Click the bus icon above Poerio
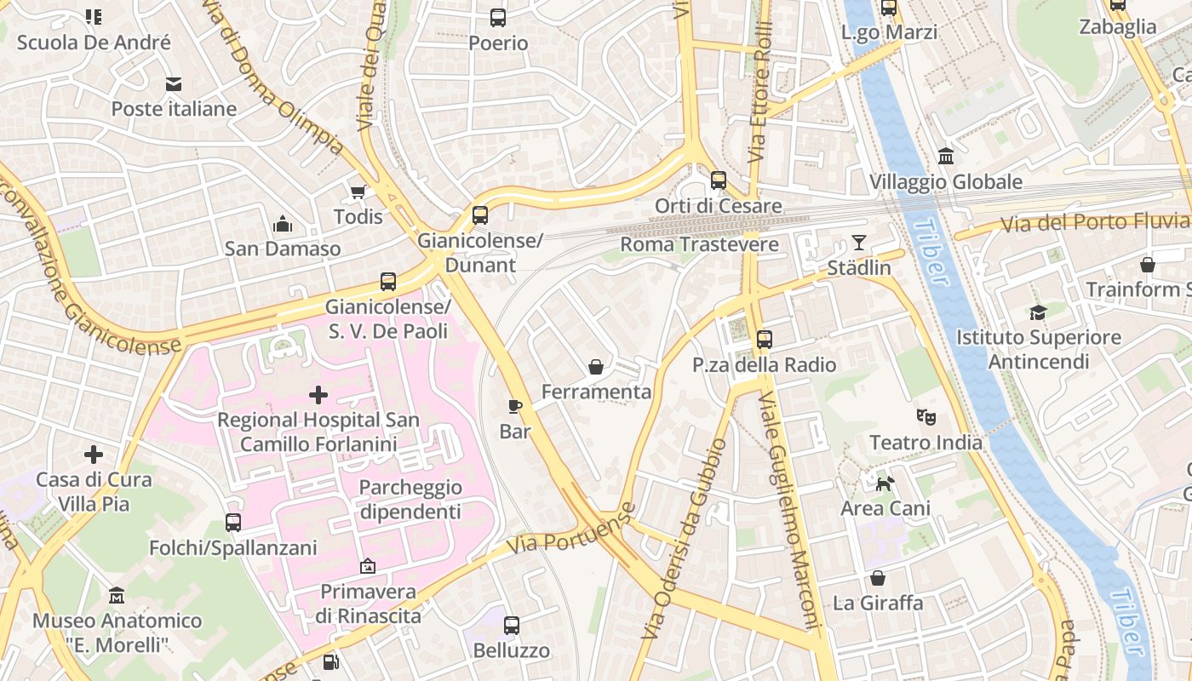coord(498,17)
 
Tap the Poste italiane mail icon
coord(174,83)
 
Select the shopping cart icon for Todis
coord(358,192)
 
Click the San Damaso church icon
coord(283,224)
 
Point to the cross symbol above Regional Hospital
coord(318,394)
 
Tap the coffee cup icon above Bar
coord(514,406)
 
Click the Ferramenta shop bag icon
coord(596,367)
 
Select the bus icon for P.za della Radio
coord(764,340)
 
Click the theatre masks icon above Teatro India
coord(926,417)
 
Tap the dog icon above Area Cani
coord(885,484)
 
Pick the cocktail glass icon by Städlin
coord(859,243)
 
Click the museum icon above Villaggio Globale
coord(945,157)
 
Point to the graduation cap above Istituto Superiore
coord(1037,312)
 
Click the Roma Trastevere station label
coord(699,245)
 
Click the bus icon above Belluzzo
coord(511,626)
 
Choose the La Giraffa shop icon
coord(878,578)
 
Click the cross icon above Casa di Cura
coord(94,455)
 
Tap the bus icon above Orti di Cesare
coord(719,180)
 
